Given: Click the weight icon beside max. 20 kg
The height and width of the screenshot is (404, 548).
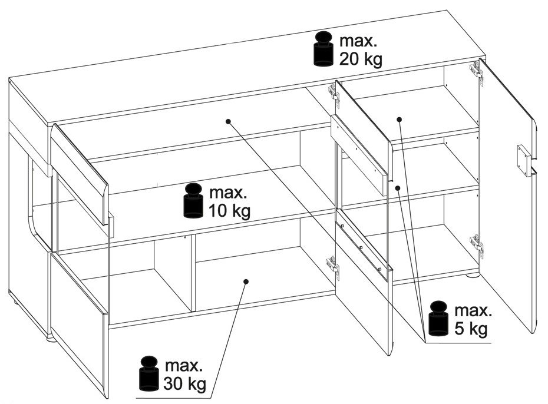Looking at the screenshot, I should coord(323,49).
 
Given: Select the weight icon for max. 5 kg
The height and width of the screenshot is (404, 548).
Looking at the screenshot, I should coord(438,319).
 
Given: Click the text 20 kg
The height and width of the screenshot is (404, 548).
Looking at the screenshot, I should coord(361,59).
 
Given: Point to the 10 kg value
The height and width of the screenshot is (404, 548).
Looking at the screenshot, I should coord(229,211).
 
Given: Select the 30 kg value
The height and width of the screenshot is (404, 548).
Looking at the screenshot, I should coord(185,385).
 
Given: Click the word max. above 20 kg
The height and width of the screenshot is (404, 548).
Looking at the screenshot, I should coord(357,41).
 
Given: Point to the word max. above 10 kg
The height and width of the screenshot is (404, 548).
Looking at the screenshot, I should coord(226,193).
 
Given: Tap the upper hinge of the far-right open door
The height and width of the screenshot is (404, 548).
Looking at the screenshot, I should coord(476,69).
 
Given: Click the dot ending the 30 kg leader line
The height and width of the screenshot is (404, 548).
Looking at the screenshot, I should coord(245,282).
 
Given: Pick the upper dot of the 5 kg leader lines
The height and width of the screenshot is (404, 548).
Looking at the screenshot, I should coord(399,119).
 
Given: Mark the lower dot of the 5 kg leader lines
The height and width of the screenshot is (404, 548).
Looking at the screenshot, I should coord(398,188).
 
